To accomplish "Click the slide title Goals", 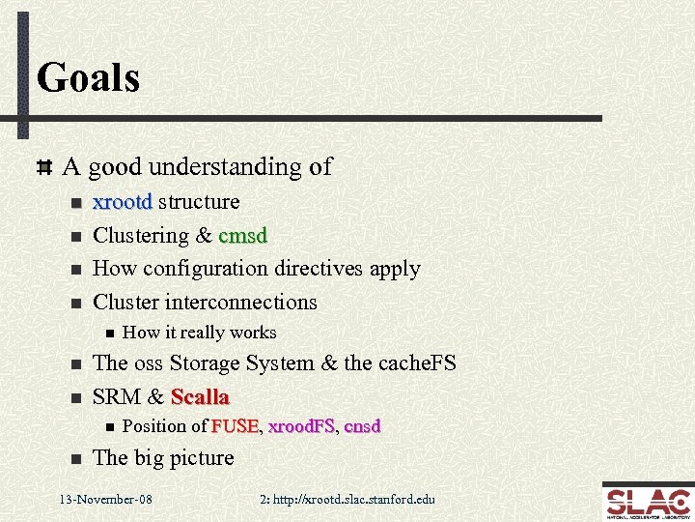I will pyautogui.click(x=88, y=77).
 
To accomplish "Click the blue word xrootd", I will pyautogui.click(x=122, y=202).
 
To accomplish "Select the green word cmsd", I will pyautogui.click(x=243, y=236).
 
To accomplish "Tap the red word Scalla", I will pyautogui.click(x=200, y=397).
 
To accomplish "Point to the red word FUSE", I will pyautogui.click(x=235, y=426).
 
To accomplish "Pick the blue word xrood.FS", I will pyautogui.click(x=301, y=426).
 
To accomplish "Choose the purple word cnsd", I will pyautogui.click(x=362, y=426).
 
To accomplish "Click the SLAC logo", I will pyautogui.click(x=647, y=502).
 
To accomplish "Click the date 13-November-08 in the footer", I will pyautogui.click(x=105, y=500).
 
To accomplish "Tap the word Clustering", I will pyautogui.click(x=141, y=236).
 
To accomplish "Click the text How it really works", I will pyautogui.click(x=200, y=333).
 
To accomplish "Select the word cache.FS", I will pyautogui.click(x=416, y=363).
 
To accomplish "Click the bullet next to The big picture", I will pyautogui.click(x=75, y=459).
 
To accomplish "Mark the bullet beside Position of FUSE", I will pyautogui.click(x=109, y=427).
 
